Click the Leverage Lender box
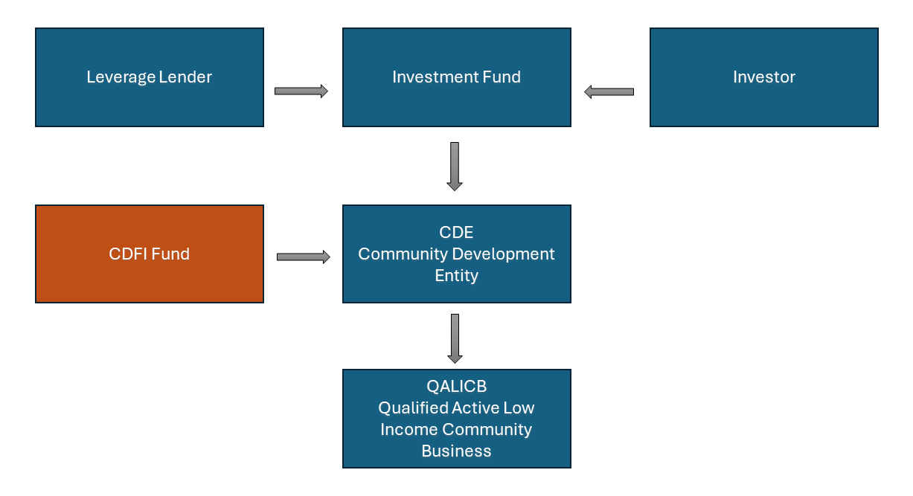click(x=150, y=77)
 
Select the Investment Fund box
click(x=457, y=77)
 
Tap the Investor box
click(x=764, y=77)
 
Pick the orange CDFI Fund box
click(x=150, y=254)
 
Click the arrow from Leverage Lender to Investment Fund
click(x=301, y=91)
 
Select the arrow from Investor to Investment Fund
click(x=609, y=91)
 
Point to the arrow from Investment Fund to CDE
click(x=455, y=166)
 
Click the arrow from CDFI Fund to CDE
click(x=304, y=257)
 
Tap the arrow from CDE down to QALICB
click(x=455, y=338)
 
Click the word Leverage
click(x=121, y=77)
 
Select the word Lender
click(x=185, y=77)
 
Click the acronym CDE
click(x=456, y=232)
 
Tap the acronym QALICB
click(x=457, y=386)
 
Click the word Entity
click(x=457, y=276)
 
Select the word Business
click(x=457, y=451)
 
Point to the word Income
click(x=410, y=429)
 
